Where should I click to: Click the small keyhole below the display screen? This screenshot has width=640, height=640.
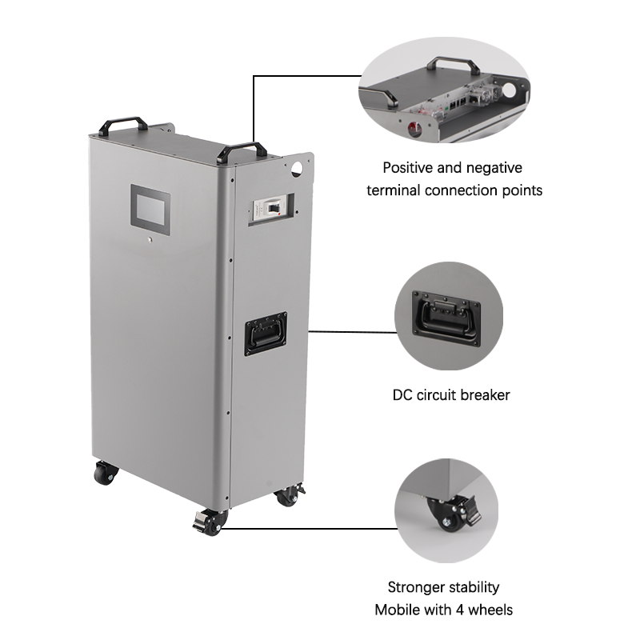[153, 241]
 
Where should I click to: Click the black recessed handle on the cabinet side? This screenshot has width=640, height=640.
[266, 331]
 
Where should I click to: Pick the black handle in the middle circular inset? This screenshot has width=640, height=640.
[448, 316]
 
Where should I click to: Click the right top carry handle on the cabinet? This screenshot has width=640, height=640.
[242, 150]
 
